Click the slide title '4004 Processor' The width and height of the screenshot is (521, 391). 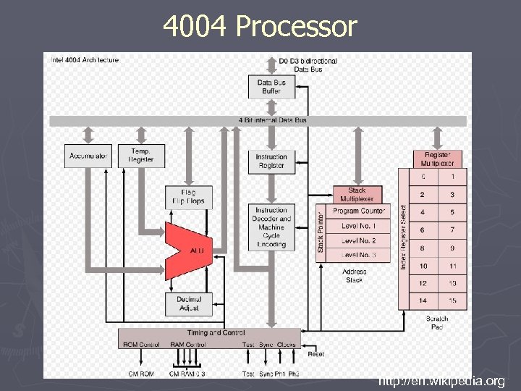point(260,27)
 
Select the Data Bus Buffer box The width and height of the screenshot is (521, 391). point(271,87)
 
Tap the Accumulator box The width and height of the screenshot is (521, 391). point(88,156)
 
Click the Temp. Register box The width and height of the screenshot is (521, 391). point(141,156)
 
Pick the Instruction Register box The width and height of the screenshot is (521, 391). point(271,161)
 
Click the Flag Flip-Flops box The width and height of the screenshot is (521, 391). point(188,197)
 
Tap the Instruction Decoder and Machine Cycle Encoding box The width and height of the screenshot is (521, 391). point(271,227)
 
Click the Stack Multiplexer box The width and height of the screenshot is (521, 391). point(357,195)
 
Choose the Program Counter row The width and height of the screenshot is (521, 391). point(359,211)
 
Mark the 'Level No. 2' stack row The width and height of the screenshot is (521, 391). point(359,240)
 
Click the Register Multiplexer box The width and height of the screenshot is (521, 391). point(437,159)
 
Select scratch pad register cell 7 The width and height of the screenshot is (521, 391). point(452,230)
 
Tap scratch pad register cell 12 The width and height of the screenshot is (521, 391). point(423,283)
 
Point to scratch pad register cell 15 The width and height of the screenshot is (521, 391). point(452,300)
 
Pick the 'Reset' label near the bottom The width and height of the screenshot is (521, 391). point(316,354)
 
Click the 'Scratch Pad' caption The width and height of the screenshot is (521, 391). point(437,322)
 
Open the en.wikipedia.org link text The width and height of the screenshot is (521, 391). point(441,381)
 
